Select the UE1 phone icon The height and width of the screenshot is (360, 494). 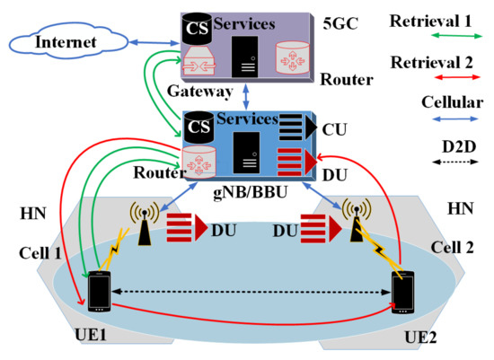tap(99, 289)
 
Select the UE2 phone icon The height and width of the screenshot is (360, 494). tap(401, 293)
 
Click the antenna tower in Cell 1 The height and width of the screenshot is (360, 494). tap(142, 225)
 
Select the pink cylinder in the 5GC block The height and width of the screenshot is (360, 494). tap(291, 56)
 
